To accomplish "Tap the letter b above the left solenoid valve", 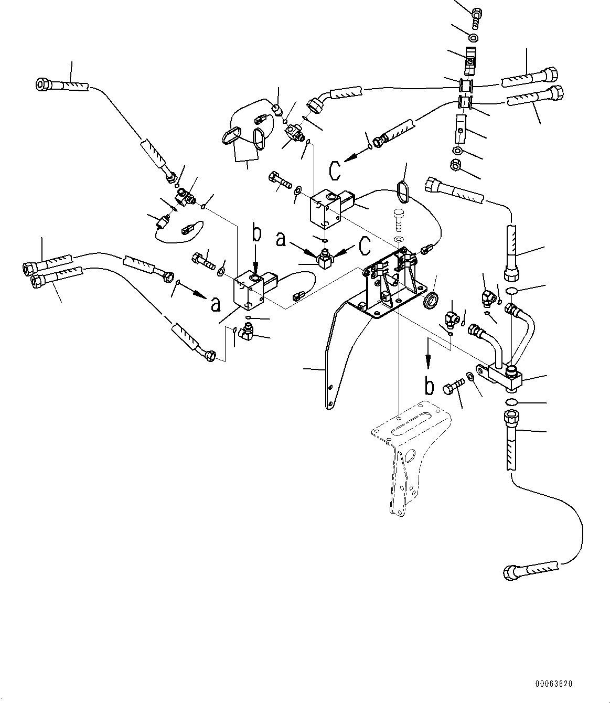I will (x=256, y=234).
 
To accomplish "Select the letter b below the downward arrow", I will (x=429, y=386).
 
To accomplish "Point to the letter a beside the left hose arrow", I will (x=215, y=304).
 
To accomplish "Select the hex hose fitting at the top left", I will (x=43, y=83).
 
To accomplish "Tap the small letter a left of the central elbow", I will (x=281, y=240).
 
